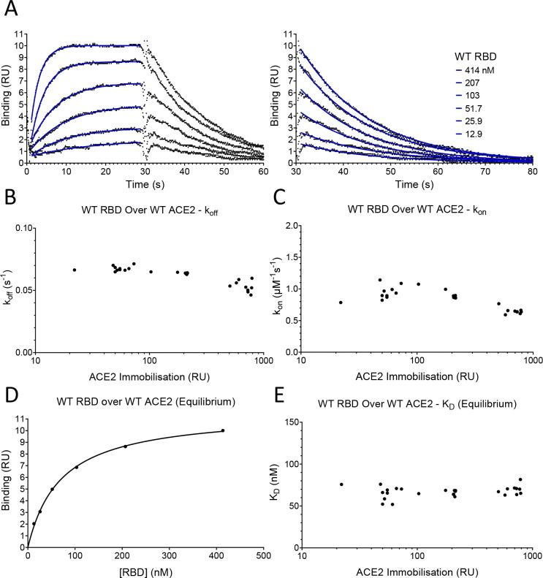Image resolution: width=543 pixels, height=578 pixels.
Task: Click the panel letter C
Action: tap(278, 197)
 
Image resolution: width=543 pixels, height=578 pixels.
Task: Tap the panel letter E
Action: tap(278, 379)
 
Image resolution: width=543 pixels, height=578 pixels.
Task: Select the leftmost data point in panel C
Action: tap(341, 303)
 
